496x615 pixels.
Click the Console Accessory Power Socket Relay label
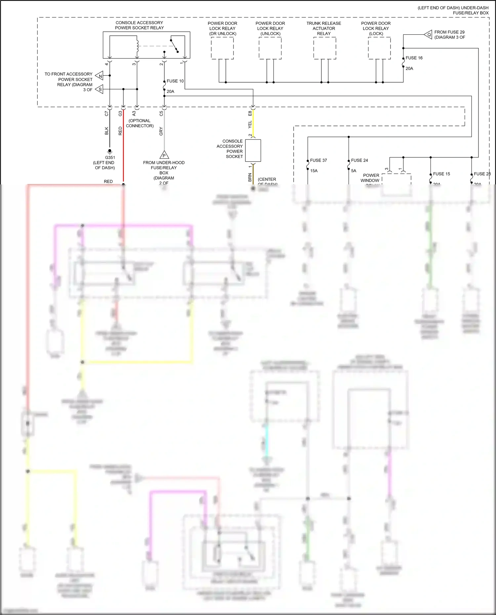(139, 25)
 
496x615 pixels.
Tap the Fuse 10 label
(175, 81)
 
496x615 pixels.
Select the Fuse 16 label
(414, 58)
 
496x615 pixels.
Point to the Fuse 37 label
(318, 160)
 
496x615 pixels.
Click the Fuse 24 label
(359, 160)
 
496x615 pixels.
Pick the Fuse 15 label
(441, 174)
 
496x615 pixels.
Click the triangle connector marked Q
(429, 35)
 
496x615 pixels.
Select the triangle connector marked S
(100, 89)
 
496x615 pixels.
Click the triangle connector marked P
(164, 155)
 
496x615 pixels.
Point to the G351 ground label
(110, 158)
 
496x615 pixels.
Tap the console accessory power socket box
(253, 150)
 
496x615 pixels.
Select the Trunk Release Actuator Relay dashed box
(324, 48)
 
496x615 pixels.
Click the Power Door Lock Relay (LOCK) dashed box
(379, 48)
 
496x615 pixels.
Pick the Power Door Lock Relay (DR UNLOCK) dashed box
(222, 48)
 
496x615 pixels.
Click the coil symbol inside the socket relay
(137, 46)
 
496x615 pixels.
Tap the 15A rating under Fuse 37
(313, 171)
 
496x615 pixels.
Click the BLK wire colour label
(106, 131)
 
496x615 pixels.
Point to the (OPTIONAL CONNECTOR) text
(140, 123)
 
